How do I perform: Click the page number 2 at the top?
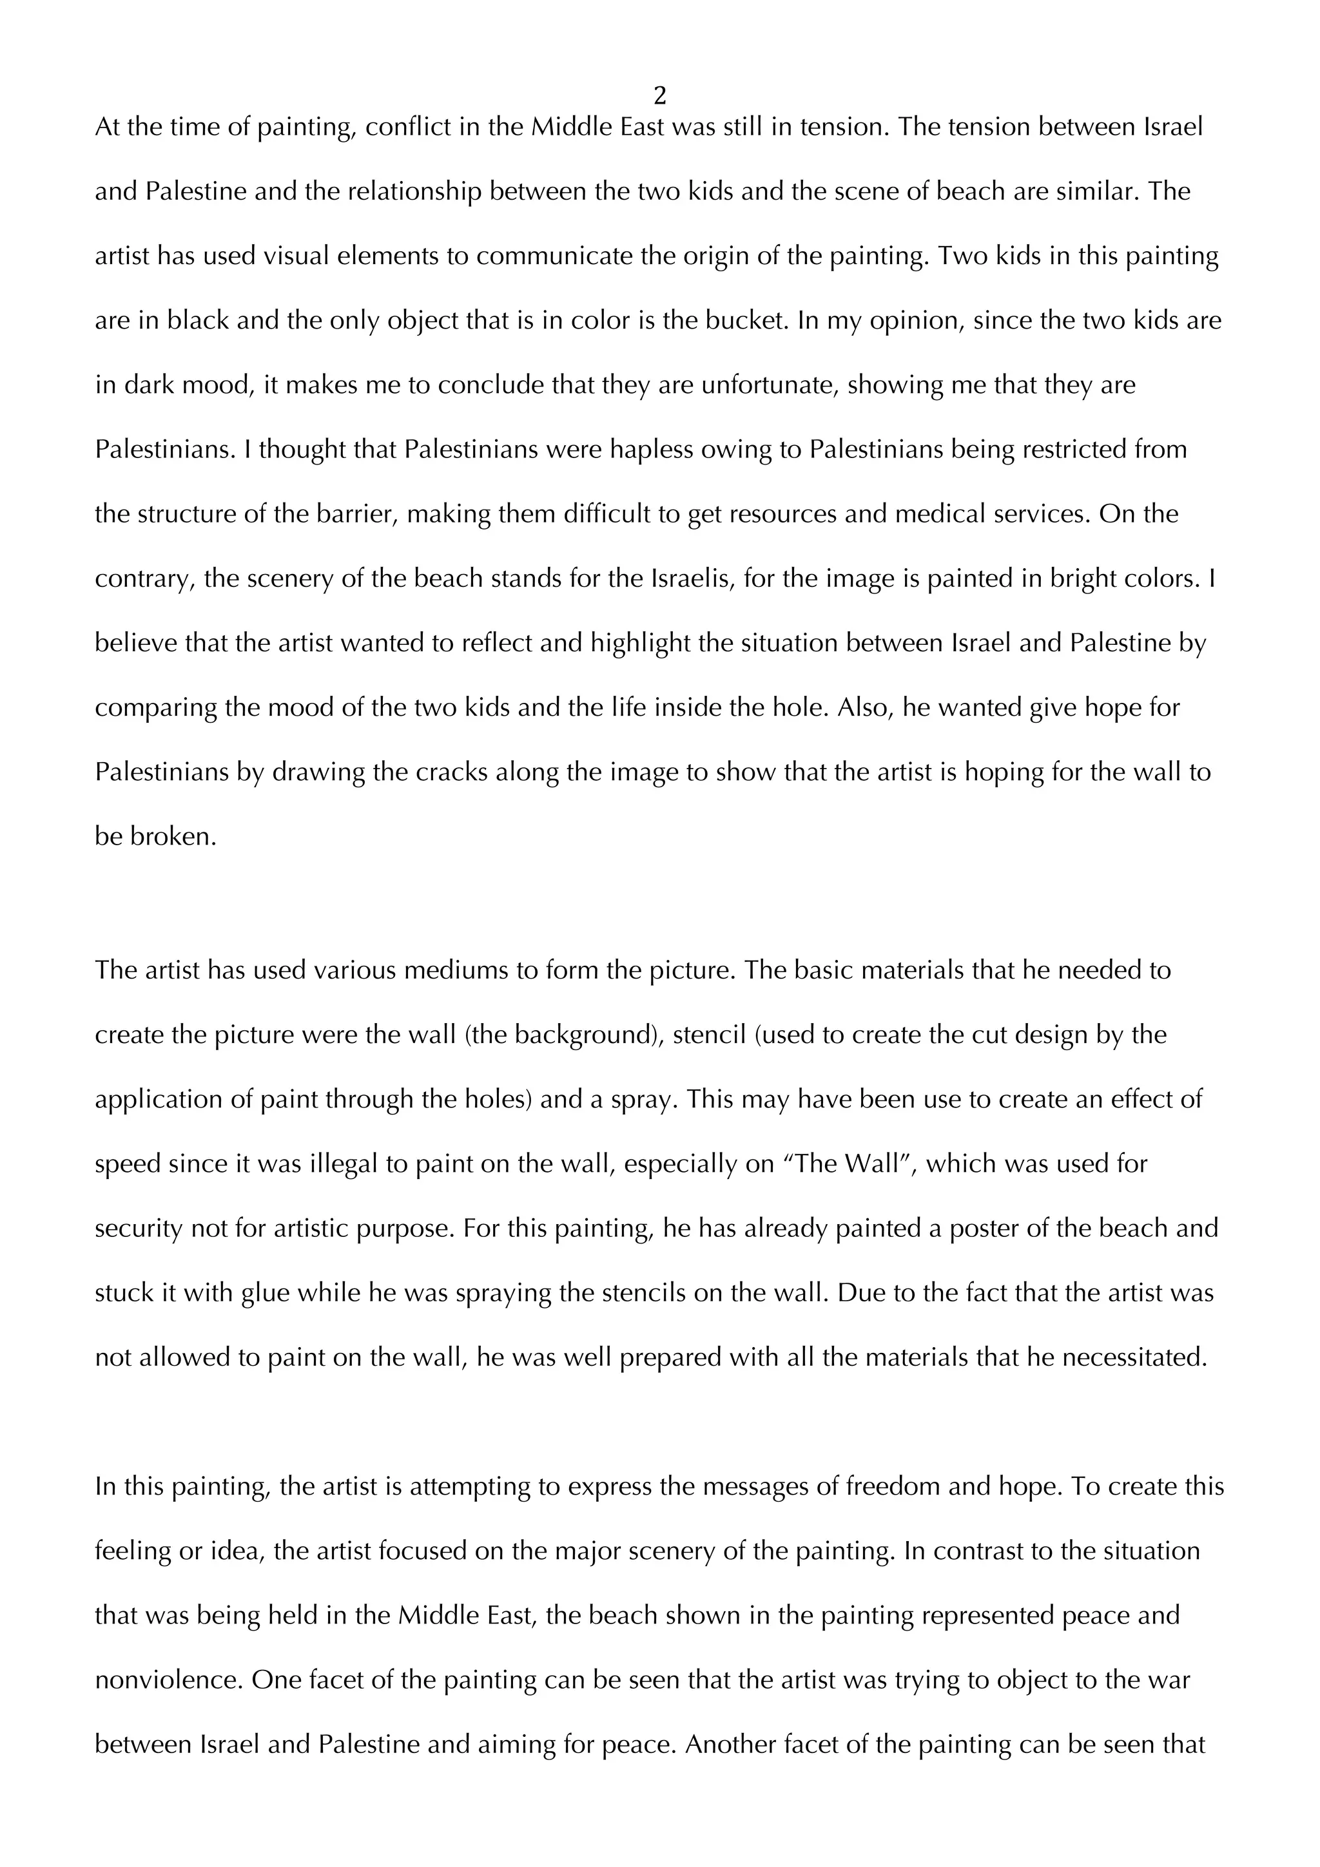[659, 97]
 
